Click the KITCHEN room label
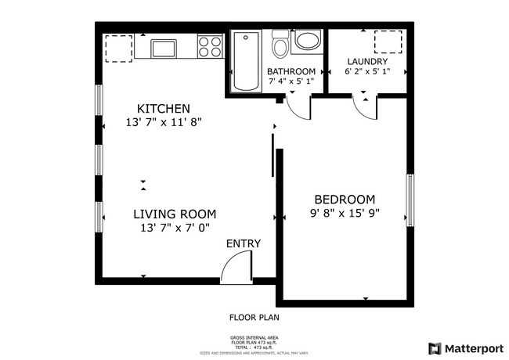click(x=163, y=108)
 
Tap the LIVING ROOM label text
click(x=174, y=214)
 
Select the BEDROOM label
click(x=345, y=199)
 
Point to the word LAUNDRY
click(x=368, y=61)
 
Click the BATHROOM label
click(x=291, y=70)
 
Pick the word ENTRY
click(x=243, y=244)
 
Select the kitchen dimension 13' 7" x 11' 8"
click(x=163, y=123)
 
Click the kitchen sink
click(x=164, y=48)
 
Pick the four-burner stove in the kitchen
click(x=210, y=47)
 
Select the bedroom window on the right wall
click(x=409, y=199)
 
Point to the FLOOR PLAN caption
click(x=254, y=318)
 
